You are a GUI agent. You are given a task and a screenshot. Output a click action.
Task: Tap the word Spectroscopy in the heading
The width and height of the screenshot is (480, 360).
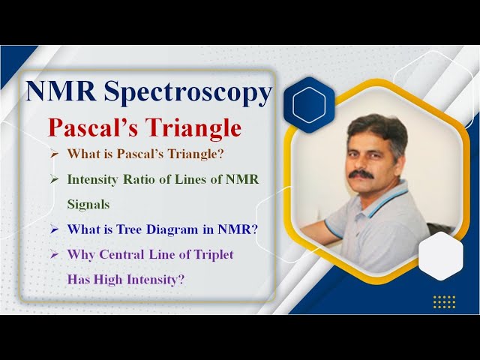187,92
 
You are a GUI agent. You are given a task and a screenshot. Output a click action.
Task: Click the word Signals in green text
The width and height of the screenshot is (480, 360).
88,204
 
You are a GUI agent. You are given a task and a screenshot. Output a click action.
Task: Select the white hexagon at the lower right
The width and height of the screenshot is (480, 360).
440,256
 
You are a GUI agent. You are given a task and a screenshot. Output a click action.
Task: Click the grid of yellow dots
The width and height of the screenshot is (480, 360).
444,301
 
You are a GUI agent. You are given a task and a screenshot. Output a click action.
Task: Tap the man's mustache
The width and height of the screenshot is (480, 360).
361,175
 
